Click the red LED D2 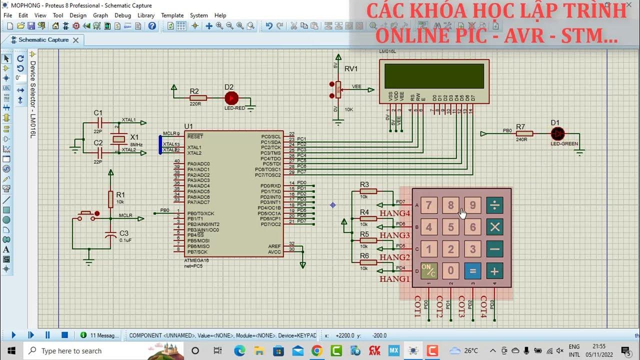tap(231, 98)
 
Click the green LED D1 tap(557, 133)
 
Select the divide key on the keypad tap(494, 205)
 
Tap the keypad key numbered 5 tap(450, 227)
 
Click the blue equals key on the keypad tap(472, 271)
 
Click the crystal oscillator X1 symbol tap(118, 138)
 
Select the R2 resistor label tap(194, 91)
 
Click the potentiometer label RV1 tap(351, 68)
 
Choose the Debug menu tap(122, 15)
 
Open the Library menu tap(145, 15)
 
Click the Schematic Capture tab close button tap(76, 40)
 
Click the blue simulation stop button tap(64, 335)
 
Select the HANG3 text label tap(394, 235)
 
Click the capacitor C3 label tap(124, 233)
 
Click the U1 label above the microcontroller tap(188, 126)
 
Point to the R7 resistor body tap(524, 133)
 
